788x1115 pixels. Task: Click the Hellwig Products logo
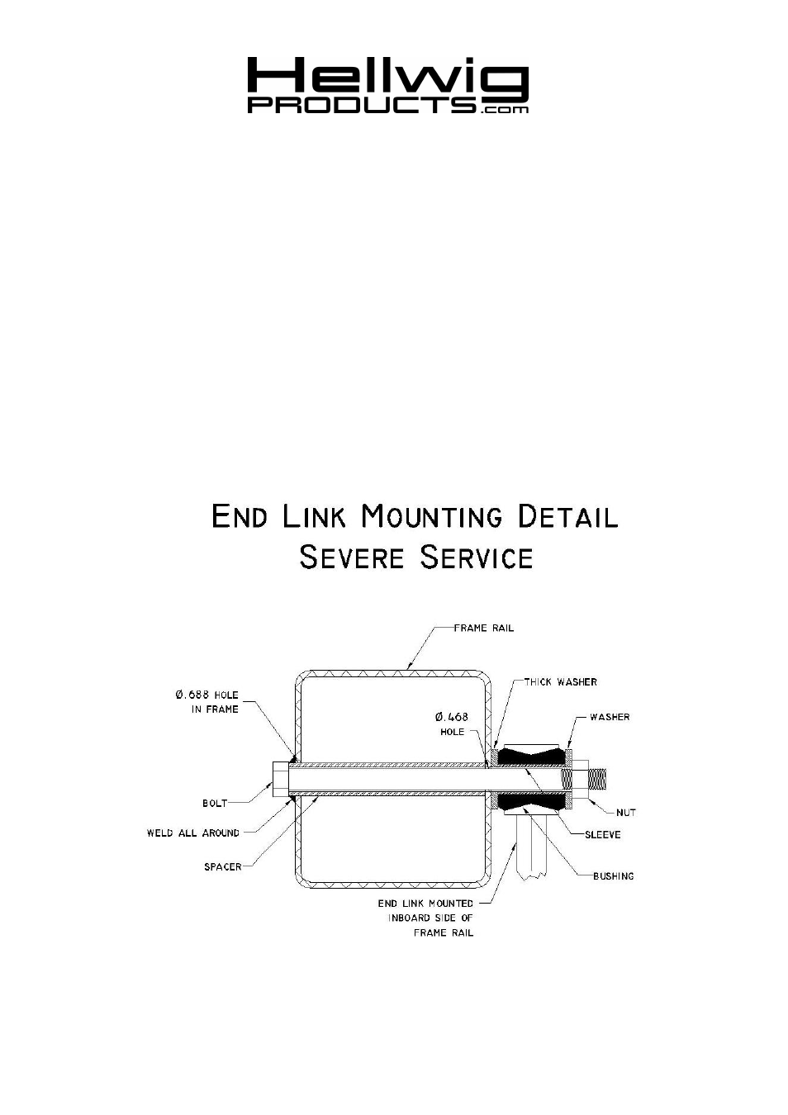[x=387, y=85]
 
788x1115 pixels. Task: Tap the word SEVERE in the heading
[x=351, y=557]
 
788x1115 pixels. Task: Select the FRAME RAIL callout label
[x=483, y=629]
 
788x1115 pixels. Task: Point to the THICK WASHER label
[x=561, y=682]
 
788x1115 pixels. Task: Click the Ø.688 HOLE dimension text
[x=207, y=695]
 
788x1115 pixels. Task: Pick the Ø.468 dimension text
[x=451, y=717]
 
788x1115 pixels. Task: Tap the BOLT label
[x=215, y=803]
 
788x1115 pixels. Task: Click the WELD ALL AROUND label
[x=193, y=833]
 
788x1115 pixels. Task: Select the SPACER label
[x=223, y=866]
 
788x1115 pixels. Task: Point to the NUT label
[x=626, y=813]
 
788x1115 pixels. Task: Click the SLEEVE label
[x=603, y=835]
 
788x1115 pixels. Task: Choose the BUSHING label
[x=613, y=876]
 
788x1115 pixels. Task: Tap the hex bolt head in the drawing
[x=280, y=779]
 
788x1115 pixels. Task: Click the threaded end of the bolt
[x=597, y=779]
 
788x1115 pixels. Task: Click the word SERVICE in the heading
[x=477, y=557]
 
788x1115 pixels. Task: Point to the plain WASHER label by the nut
[x=610, y=717]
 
